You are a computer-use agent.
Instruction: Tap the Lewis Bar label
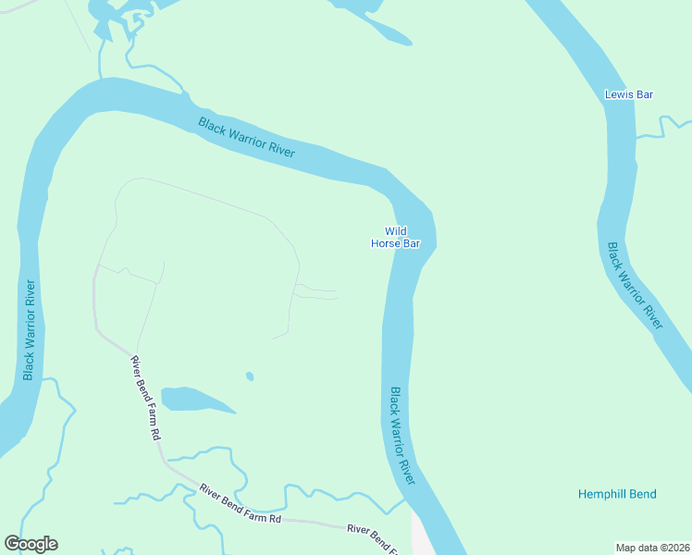coord(629,94)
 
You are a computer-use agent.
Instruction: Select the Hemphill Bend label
coord(617,494)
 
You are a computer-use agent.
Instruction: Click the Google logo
coord(31,544)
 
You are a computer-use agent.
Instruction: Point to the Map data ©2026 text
coord(653,547)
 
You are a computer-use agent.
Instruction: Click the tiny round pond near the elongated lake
coord(249,376)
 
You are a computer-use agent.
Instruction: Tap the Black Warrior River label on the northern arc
coord(246,137)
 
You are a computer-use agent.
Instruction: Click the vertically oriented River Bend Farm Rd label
coord(146,397)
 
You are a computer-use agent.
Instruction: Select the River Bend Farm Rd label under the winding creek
coord(240,504)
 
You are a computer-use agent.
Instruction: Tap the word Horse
coord(385,244)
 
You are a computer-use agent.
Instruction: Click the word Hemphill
coord(602,494)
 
